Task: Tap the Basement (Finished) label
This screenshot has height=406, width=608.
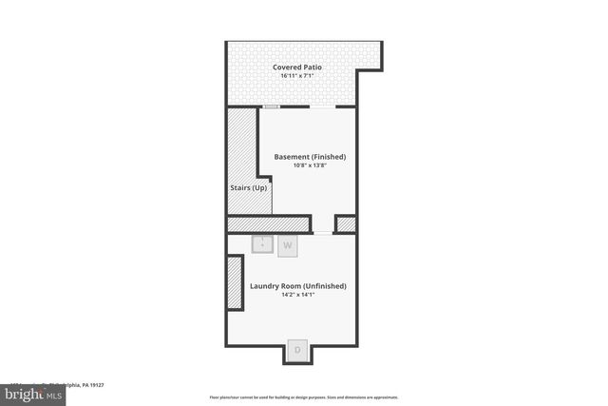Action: coord(310,156)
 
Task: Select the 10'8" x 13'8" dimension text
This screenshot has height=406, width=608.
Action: coord(310,165)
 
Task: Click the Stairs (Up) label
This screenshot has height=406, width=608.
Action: coord(249,188)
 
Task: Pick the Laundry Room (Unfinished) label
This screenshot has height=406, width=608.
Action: coord(298,286)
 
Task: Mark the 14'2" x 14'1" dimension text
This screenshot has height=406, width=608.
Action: coord(298,296)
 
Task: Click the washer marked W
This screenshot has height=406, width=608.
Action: coord(288,245)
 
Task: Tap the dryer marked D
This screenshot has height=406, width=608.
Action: coord(296,350)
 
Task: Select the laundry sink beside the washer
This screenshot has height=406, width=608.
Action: coord(263,244)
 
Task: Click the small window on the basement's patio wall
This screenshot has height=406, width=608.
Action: coord(271,107)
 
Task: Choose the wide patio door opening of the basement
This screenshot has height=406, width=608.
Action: coord(322,107)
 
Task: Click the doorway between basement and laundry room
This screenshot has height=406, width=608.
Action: coord(323,232)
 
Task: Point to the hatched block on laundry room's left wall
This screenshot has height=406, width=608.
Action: coord(234,282)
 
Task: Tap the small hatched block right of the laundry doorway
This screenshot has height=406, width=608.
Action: coord(346,224)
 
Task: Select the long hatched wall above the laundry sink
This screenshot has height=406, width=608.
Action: coord(269,224)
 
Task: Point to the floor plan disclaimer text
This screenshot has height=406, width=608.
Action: coord(304,397)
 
